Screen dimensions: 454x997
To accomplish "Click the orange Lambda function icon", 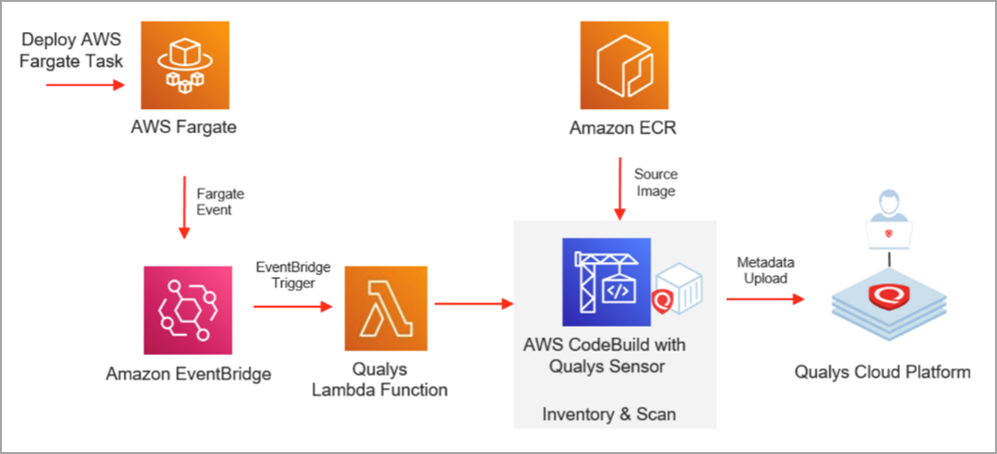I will (385, 307).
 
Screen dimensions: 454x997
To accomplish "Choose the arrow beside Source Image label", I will (619, 187).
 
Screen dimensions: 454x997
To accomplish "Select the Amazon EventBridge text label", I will (188, 374).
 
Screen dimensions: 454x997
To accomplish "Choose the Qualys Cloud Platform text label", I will (882, 372).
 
